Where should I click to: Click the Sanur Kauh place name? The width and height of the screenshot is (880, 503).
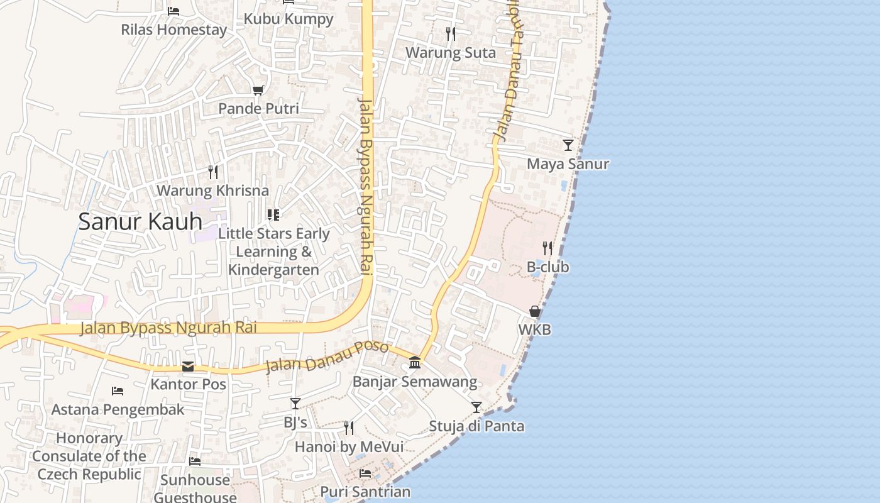tap(140, 221)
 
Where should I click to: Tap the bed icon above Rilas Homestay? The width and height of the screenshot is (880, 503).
tap(173, 11)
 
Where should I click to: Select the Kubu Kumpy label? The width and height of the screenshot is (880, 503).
tap(289, 19)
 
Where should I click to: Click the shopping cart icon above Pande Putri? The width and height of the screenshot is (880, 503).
tap(258, 91)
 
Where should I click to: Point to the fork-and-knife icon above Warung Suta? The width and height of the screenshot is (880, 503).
tap(450, 34)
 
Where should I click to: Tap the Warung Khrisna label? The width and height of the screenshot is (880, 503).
tap(212, 190)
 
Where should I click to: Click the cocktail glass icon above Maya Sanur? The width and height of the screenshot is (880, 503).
tap(568, 145)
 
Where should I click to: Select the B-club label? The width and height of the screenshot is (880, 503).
tap(547, 267)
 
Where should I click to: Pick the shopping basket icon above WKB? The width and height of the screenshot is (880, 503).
tap(534, 311)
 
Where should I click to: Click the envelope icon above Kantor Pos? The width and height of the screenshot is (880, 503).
tap(188, 367)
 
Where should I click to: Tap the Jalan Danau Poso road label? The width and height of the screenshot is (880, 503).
tap(327, 357)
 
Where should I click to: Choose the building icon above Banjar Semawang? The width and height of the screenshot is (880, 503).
tap(415, 363)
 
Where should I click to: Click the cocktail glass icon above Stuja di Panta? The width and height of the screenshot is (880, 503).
tap(476, 407)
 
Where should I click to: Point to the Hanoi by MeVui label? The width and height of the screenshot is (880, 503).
tap(349, 446)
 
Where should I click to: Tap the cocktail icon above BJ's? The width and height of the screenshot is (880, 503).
tap(295, 404)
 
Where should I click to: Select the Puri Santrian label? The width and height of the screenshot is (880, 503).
tap(365, 492)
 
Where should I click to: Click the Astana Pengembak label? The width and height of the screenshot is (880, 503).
tap(118, 410)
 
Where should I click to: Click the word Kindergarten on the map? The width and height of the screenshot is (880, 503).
tap(273, 270)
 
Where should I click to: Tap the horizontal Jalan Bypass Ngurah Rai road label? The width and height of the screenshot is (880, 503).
tap(168, 328)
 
